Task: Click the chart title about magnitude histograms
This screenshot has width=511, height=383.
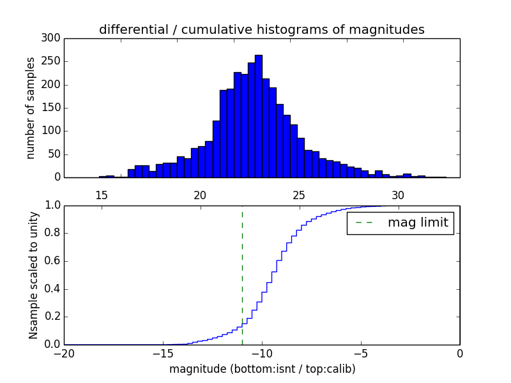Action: point(262,29)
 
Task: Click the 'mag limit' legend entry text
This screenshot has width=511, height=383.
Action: point(418,223)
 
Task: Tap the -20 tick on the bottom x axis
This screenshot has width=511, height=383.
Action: point(65,354)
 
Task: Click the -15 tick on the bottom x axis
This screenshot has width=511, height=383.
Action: point(163,354)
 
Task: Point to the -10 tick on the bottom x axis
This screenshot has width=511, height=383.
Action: point(262,354)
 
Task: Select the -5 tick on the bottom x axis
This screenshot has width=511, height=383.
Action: point(361,354)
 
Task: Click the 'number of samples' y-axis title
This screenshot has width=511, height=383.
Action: point(31,108)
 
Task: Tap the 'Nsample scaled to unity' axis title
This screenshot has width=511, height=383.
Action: point(33,274)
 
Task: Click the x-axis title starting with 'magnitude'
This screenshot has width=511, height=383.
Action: point(262,369)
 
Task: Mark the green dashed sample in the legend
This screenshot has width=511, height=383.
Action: point(364,223)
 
